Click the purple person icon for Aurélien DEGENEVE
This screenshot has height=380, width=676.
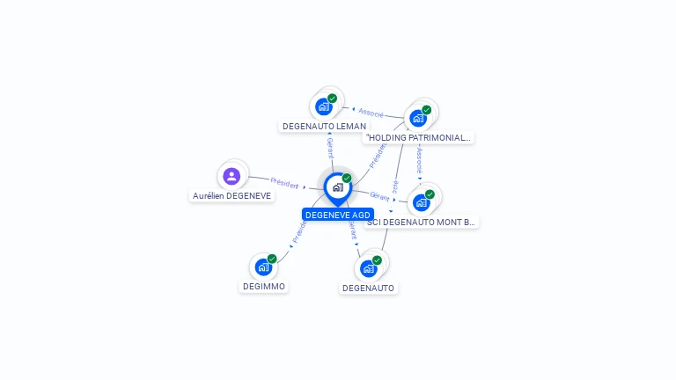(231, 176)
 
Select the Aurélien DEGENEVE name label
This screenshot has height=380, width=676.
(232, 195)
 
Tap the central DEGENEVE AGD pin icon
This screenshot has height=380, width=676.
(337, 186)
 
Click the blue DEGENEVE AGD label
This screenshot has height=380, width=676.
(338, 215)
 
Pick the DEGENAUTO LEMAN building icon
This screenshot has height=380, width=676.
(324, 106)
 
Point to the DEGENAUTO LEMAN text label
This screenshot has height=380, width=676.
(324, 127)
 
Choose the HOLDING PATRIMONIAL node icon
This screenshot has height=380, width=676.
(418, 118)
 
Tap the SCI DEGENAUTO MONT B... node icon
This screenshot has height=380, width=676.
(422, 202)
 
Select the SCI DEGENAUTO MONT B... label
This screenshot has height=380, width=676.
(421, 223)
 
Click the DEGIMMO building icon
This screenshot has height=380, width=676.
(263, 267)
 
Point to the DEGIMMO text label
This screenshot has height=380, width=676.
(264, 286)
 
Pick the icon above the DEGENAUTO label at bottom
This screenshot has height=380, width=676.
(369, 268)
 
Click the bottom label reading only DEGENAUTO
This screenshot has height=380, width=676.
(368, 288)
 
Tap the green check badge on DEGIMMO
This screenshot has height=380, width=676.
(272, 259)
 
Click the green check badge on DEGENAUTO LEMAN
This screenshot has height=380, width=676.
(332, 99)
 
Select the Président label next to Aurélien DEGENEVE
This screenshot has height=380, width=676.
(284, 182)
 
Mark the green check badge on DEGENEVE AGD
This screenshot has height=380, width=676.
(347, 179)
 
